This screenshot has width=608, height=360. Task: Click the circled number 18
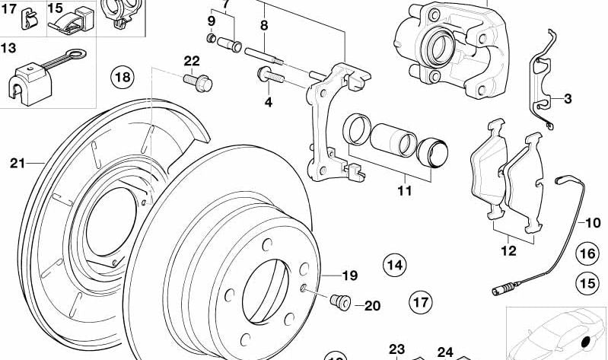122,76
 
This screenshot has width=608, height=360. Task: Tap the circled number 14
394,265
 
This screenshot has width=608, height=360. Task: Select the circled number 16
587,253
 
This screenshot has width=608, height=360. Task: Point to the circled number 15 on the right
587,283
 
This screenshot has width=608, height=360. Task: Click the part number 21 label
18,162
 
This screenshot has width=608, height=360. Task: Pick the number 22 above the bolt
191,61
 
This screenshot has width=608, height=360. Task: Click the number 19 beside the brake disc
349,275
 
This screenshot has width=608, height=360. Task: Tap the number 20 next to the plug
371,306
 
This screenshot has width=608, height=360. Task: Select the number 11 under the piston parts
404,190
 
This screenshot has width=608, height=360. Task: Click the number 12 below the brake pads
508,250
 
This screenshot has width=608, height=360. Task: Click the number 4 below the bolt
268,102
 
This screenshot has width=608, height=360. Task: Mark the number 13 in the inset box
8,48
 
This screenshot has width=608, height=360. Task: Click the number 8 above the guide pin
264,25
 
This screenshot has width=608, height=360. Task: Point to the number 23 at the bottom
397,349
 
